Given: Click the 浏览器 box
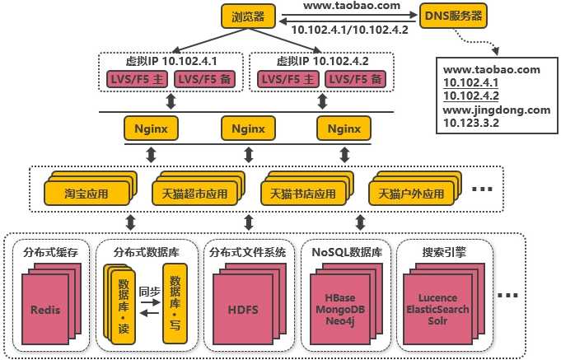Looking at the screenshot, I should (250, 15).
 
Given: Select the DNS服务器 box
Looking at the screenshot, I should (452, 15).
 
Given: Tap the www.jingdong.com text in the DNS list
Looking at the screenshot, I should (495, 110).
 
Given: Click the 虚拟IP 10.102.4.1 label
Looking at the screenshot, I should (171, 61).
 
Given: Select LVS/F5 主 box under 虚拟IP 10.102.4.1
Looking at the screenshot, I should (136, 79).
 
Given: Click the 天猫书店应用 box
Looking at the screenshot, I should (303, 194).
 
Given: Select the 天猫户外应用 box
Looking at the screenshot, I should (410, 194).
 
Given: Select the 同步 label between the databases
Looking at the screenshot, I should (149, 291).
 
